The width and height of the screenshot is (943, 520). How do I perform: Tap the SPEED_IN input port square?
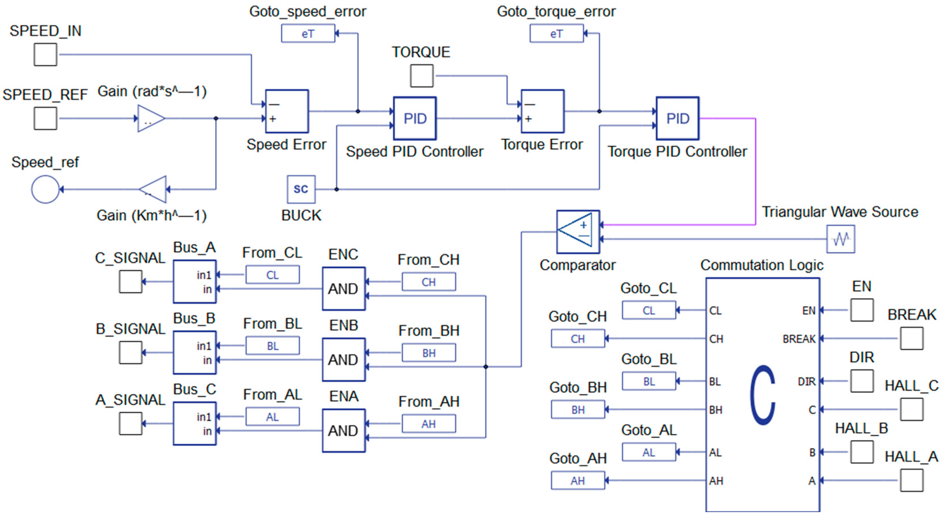pos(45,54)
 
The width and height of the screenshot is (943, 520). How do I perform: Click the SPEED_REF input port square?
pos(45,118)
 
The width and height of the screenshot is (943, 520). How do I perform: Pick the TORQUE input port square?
pos(422,76)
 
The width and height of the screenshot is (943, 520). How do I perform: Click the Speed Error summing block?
pos(287,111)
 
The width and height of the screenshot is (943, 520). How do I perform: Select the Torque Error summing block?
pos(542,111)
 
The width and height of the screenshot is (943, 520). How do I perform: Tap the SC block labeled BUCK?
pos(301,189)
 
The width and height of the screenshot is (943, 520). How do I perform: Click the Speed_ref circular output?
pos(45,189)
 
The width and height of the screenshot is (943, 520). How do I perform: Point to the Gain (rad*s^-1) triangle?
pos(150,118)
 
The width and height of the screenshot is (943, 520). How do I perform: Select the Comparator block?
pos(578,231)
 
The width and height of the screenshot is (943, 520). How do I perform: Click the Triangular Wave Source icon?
pos(841,239)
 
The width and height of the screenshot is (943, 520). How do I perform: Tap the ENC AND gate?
pos(343,289)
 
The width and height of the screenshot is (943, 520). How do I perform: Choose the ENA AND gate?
pos(343,430)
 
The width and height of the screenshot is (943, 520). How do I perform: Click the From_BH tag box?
pos(429,353)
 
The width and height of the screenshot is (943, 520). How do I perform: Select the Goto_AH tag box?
pos(578,480)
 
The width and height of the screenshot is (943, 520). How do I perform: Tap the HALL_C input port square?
pos(912,409)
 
